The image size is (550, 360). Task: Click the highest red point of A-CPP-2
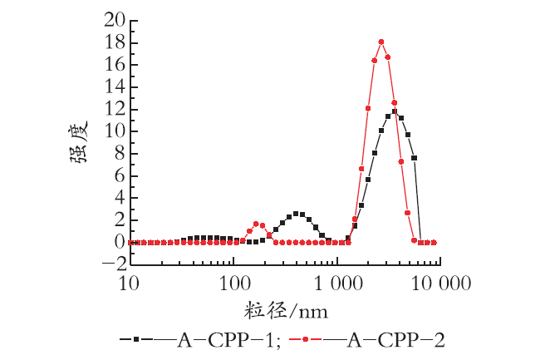point(381,42)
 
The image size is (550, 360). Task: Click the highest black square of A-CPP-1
point(395,111)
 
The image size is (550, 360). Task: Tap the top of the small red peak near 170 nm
point(256,224)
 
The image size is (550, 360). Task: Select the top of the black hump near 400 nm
point(296,214)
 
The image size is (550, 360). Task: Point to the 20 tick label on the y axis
point(115,21)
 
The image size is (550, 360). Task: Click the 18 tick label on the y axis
point(115,42)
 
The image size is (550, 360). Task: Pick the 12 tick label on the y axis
point(115,110)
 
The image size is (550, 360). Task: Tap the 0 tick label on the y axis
point(120,242)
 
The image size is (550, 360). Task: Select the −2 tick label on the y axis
point(115,264)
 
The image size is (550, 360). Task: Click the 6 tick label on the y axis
point(120,175)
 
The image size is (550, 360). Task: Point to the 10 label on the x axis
point(129,284)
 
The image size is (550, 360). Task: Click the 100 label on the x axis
point(234,284)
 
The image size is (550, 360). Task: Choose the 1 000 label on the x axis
point(338,284)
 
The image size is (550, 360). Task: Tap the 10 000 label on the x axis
point(441,284)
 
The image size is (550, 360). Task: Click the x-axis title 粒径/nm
point(286,310)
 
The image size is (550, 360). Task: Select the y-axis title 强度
point(78,142)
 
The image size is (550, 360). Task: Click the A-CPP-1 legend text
point(224,340)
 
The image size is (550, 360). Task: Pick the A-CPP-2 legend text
point(395,340)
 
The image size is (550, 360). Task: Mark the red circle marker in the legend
point(305,339)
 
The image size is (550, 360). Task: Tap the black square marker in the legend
point(136,339)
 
